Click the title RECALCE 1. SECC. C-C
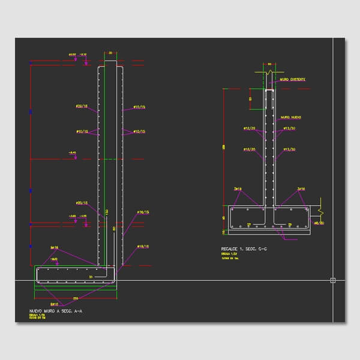coord(244,248)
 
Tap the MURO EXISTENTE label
coord(292,79)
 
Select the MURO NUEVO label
coord(290,118)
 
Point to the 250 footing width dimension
coord(76,298)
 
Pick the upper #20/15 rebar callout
coord(82,106)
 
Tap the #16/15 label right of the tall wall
coord(143,212)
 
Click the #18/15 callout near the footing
coord(143,246)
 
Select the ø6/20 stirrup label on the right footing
coord(318,223)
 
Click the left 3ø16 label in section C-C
coord(238,189)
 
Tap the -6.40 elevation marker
coord(73,153)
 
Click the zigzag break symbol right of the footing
coord(321,212)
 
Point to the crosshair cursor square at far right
coord(332,280)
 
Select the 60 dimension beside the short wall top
coord(250,98)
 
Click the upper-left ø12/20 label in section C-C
coord(249,128)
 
